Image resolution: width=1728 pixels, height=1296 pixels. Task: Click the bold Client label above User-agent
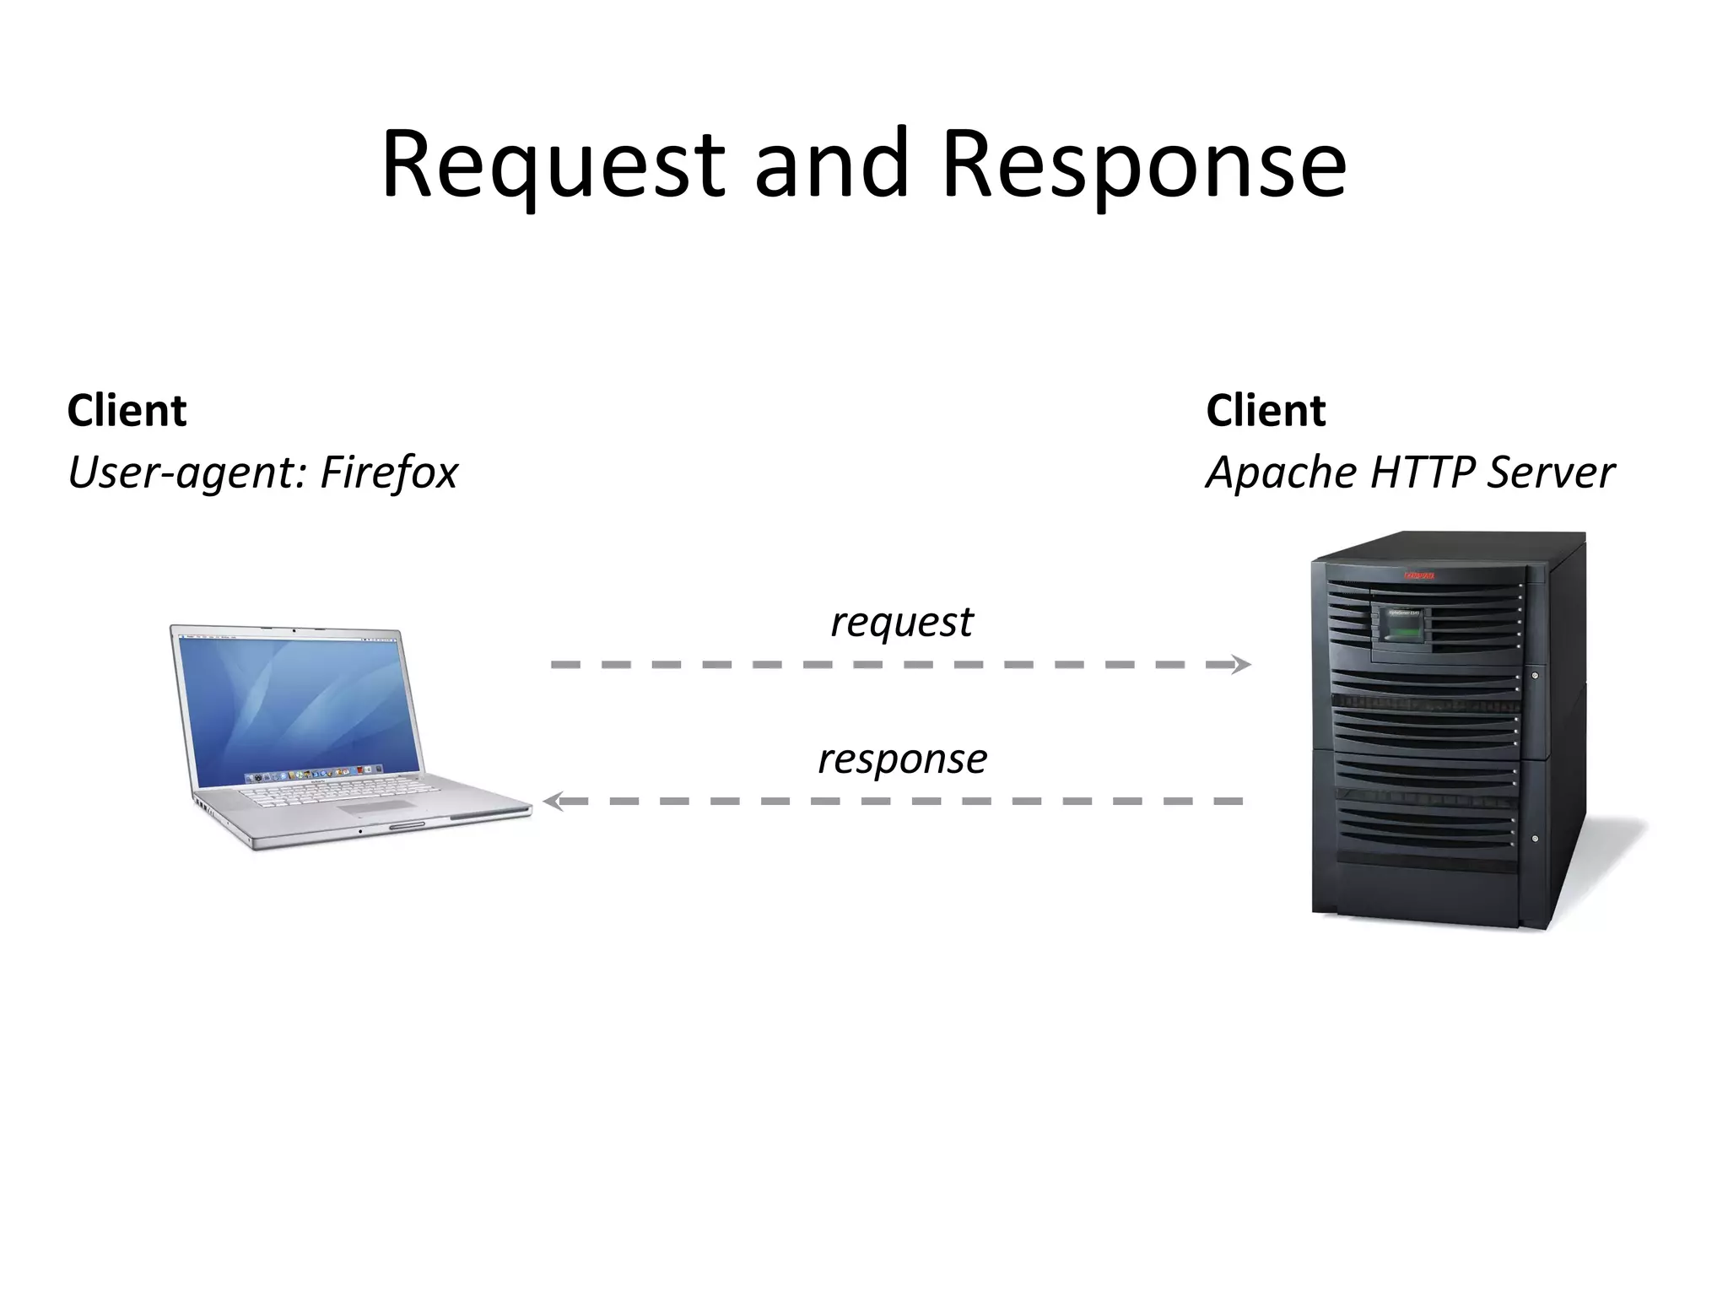pos(127,411)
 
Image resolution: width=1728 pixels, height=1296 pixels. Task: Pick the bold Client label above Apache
pos(1266,411)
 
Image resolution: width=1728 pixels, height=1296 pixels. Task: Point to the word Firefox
pos(389,472)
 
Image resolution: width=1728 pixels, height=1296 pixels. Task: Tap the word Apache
pos(1282,472)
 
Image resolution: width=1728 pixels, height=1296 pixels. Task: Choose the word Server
pos(1551,472)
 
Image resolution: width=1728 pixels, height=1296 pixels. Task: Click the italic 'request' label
pos(901,623)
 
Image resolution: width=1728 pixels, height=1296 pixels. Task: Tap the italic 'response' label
pos(902,759)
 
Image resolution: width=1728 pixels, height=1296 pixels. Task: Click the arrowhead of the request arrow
pos(1242,665)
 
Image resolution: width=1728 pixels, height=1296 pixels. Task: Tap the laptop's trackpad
pos(380,807)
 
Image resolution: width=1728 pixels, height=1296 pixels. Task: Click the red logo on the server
pos(1419,576)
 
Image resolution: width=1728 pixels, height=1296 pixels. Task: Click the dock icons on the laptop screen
pos(312,773)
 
